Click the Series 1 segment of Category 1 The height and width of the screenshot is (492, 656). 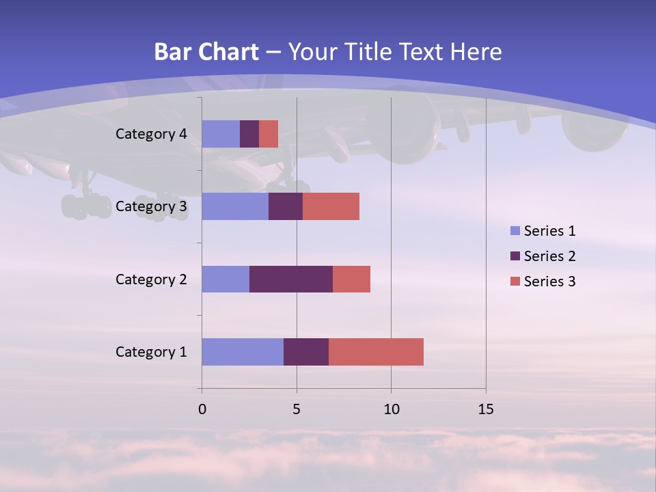point(243,352)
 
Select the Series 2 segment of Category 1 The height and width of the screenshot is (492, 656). point(306,352)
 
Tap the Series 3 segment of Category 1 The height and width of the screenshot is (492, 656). point(376,352)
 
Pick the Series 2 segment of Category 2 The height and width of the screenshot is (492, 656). point(291,279)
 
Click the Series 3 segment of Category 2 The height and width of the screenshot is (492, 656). point(351,279)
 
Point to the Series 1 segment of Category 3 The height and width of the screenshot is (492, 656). point(235,206)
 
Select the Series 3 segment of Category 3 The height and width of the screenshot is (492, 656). point(331,206)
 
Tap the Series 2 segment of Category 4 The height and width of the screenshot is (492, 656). point(249,134)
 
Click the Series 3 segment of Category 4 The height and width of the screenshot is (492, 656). point(269,134)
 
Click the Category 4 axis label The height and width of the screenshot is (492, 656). point(151,134)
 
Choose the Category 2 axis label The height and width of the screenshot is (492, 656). point(151,279)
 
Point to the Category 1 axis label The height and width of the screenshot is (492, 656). point(151,352)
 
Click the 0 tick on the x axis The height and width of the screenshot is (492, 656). point(202,409)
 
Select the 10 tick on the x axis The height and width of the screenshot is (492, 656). point(391,409)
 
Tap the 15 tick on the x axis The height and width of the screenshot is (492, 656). point(486,409)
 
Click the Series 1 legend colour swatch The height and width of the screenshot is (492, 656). point(515,231)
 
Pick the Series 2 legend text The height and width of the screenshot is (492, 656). point(549,256)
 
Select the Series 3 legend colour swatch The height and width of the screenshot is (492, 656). point(515,282)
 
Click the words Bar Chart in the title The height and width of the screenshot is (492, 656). point(206,52)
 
